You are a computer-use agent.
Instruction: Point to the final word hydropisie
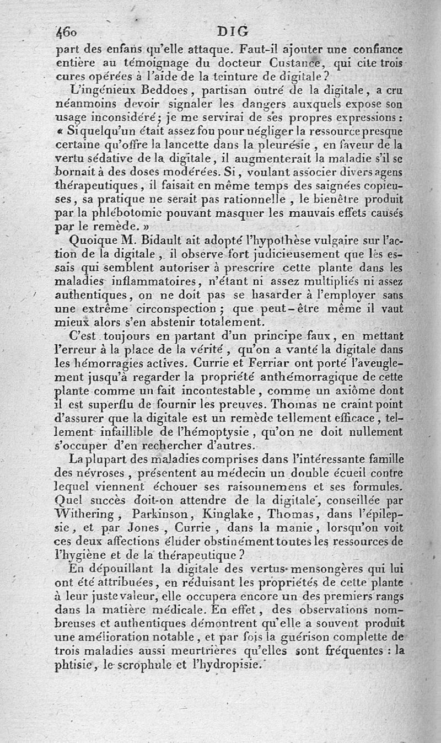235,664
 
